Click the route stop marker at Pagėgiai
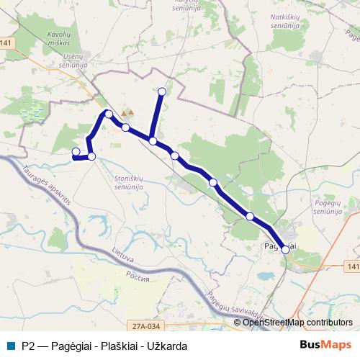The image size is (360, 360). (285, 249)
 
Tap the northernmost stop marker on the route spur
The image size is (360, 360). (162, 91)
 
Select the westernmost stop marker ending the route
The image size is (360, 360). (76, 151)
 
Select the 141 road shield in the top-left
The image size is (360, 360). (6, 44)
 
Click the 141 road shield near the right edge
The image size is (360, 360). (351, 267)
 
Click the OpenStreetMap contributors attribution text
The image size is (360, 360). (297, 323)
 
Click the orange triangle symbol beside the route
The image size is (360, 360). (127, 113)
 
